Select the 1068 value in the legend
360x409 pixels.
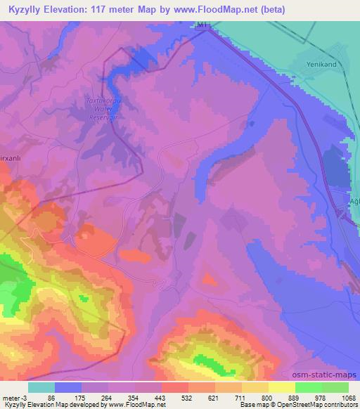(x=340, y=398)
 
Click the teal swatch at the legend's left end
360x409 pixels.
(x=41, y=387)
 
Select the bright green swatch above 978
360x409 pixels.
(x=309, y=387)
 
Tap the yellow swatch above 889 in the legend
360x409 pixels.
(x=282, y=387)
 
